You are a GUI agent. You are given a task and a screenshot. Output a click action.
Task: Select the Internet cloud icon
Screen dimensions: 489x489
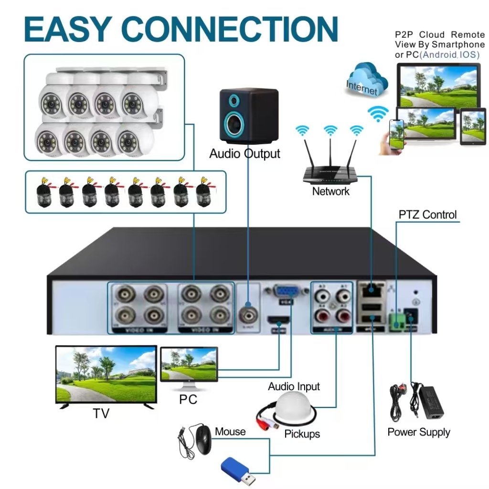coord(363,81)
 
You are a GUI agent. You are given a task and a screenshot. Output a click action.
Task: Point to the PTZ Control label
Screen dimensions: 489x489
coord(427,215)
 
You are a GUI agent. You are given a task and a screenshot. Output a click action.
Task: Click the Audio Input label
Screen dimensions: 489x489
coord(294,386)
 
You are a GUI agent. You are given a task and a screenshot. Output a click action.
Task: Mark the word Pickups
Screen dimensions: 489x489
coord(302,434)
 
